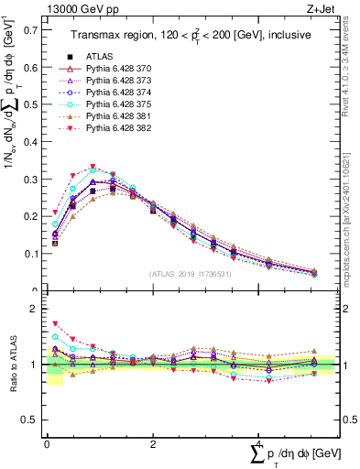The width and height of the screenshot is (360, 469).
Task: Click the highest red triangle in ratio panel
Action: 55,323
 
